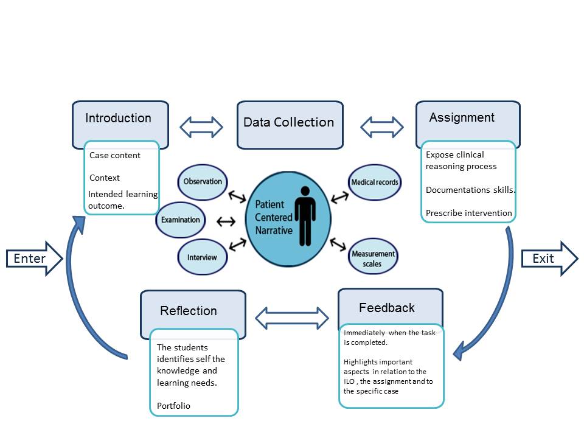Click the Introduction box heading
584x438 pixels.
[119, 119]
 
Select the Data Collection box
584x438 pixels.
[289, 123]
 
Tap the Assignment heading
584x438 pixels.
[462, 118]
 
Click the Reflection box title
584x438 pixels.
[189, 311]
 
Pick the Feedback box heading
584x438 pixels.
[387, 308]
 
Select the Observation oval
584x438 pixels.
[203, 182]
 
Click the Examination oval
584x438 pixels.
[181, 220]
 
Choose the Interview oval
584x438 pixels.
[202, 257]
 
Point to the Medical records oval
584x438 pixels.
[374, 182]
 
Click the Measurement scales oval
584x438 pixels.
[373, 259]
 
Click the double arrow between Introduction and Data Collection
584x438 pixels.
[202, 127]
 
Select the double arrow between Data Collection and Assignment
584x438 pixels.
[382, 127]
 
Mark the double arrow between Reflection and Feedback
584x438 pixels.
[291, 317]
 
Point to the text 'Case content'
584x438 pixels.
[115, 155]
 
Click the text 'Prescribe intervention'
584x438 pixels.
[468, 214]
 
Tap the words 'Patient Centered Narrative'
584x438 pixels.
[274, 218]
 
